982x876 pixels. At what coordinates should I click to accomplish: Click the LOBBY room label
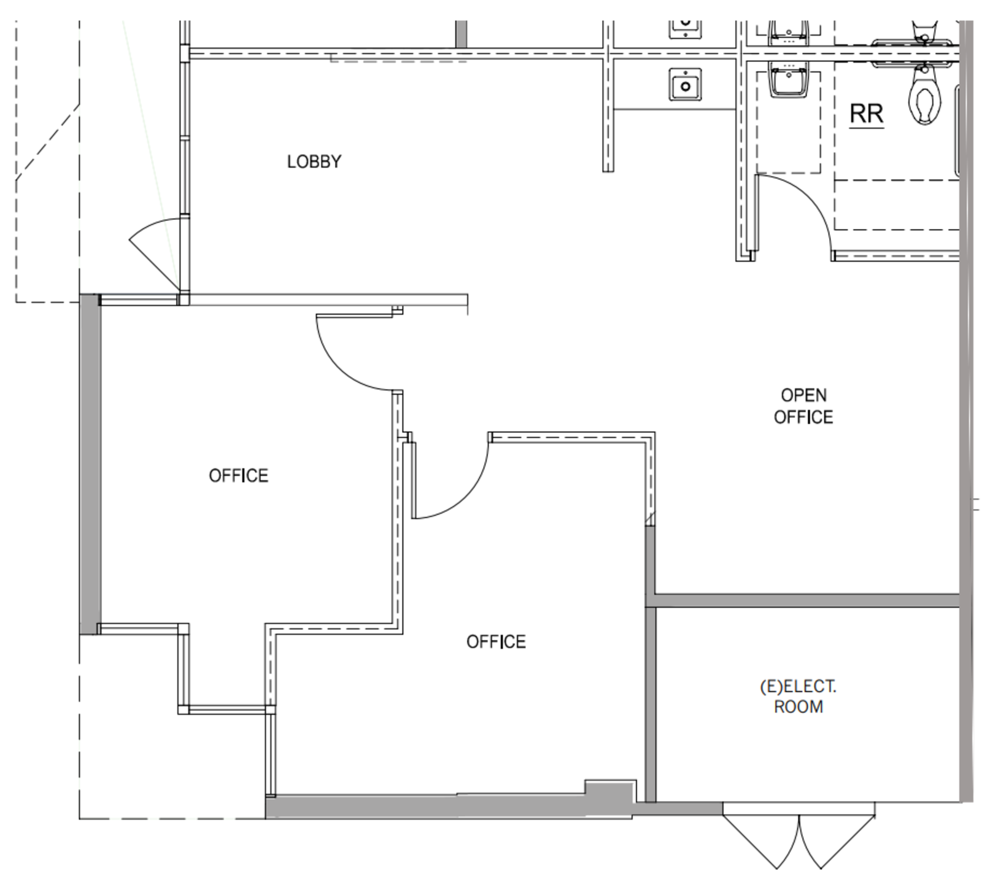(x=314, y=161)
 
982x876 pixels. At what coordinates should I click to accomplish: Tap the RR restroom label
(x=866, y=114)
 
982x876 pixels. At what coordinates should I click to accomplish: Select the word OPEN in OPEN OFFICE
(x=803, y=395)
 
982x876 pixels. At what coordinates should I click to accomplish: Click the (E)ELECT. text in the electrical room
(x=798, y=686)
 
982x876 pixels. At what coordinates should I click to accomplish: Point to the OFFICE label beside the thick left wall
(x=239, y=476)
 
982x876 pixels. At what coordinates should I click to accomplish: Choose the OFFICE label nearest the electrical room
(x=496, y=642)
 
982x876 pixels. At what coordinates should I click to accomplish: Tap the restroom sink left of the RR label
(x=795, y=83)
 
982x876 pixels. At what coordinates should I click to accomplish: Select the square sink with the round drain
(x=685, y=84)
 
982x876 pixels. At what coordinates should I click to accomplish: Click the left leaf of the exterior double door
(x=761, y=841)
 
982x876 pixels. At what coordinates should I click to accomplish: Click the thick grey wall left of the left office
(x=90, y=464)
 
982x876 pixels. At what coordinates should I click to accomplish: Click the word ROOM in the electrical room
(x=798, y=707)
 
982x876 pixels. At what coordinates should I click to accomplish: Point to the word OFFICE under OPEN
(x=803, y=417)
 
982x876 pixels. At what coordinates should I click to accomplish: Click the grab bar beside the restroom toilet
(x=956, y=132)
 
